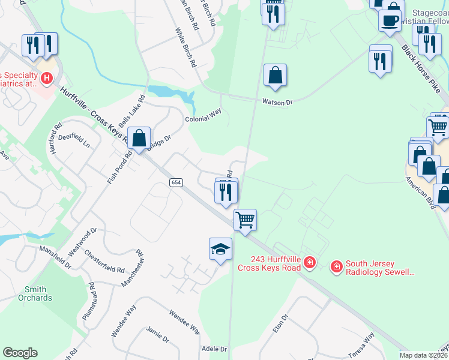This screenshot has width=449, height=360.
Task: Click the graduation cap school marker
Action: coord(220,248)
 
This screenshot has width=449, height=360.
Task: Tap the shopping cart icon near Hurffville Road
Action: coord(245,220)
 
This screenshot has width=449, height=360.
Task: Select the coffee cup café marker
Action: coord(390,20)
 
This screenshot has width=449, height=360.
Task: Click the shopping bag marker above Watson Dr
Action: coord(275,75)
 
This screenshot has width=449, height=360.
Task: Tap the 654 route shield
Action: coord(175,182)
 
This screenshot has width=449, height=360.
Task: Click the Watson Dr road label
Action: coord(277,103)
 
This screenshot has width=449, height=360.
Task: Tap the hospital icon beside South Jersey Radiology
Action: coord(337,265)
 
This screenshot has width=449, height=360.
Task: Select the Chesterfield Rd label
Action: coord(104,261)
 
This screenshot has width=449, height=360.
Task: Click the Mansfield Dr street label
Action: coord(55,257)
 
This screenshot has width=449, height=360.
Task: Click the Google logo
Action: coord(20,353)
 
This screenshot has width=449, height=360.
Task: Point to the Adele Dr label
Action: coord(214,349)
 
